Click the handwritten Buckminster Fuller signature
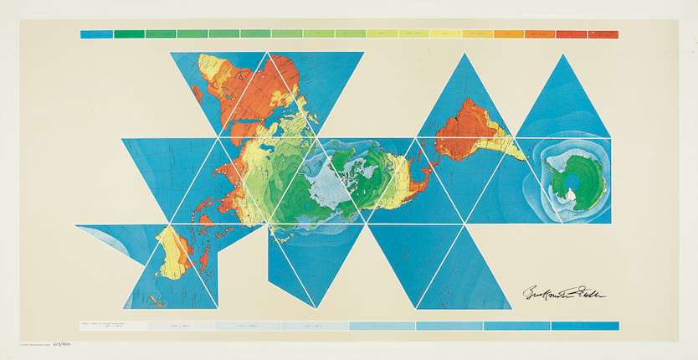(562, 293)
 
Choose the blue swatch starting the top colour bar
(96, 34)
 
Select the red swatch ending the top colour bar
(603, 34)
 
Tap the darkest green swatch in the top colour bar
(129, 34)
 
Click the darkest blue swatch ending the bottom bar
(585, 326)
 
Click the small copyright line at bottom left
(30, 345)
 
